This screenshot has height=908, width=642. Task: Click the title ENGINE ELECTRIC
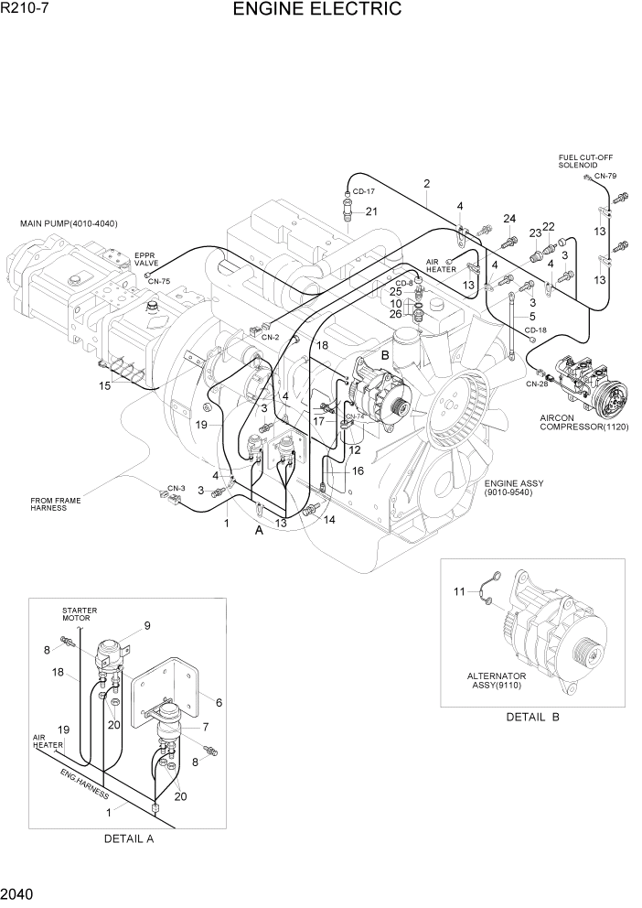point(317,10)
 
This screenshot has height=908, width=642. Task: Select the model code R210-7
point(25,9)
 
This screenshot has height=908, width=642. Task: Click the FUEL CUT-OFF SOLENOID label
point(585,161)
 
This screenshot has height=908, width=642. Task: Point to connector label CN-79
point(605,176)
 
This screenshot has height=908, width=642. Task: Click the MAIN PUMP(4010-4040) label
point(69,224)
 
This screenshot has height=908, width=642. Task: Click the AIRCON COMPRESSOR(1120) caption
point(583,422)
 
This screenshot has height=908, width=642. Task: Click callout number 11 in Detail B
point(459,593)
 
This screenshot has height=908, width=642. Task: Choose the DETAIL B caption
point(531,717)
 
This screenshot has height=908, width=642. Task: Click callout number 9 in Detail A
point(145,626)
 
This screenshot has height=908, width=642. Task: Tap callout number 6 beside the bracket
point(219,702)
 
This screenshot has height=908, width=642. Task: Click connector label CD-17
point(364,191)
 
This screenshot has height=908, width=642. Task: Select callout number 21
point(371,211)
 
